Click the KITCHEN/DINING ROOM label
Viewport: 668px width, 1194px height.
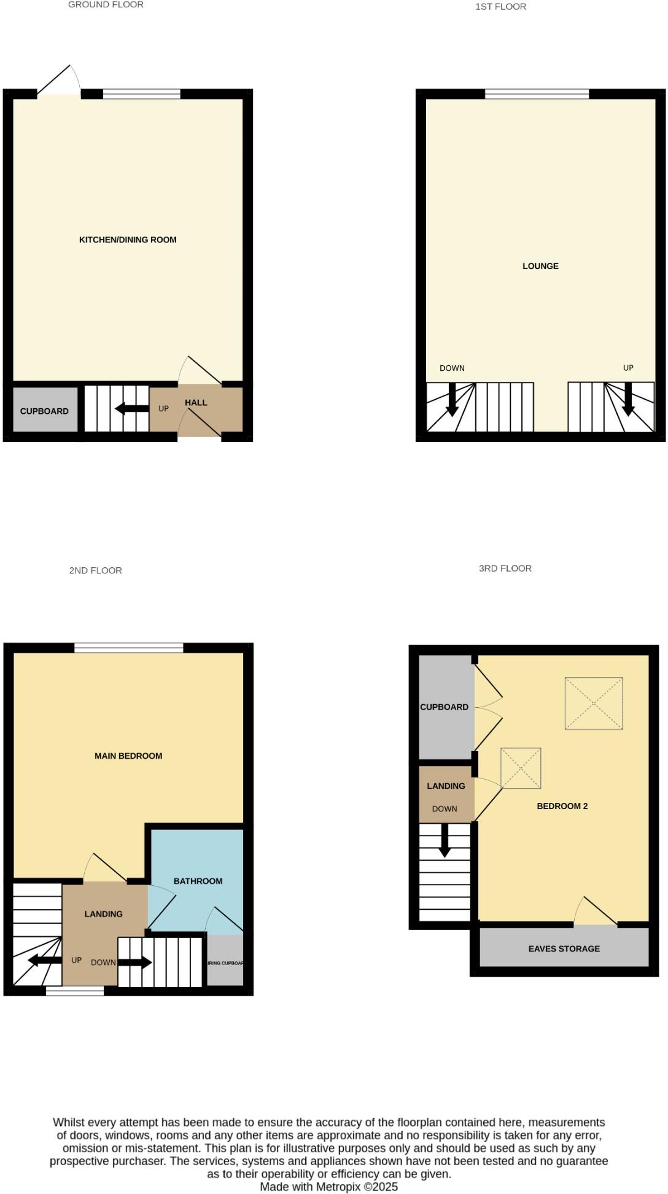[x=128, y=240]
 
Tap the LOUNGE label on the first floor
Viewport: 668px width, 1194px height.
[x=540, y=266]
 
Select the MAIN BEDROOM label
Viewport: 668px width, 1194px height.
[x=128, y=756]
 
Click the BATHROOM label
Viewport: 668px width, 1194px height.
[x=198, y=881]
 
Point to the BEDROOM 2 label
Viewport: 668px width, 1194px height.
[x=562, y=806]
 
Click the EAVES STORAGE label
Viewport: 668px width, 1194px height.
[x=564, y=948]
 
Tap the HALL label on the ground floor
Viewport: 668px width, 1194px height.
[x=196, y=403]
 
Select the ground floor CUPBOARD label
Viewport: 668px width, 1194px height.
[x=44, y=411]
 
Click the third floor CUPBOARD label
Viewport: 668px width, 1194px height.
[x=444, y=707]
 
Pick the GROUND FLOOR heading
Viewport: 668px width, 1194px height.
[x=106, y=5]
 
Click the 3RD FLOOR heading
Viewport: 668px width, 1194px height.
[x=505, y=568]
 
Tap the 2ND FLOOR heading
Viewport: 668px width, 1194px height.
[x=95, y=570]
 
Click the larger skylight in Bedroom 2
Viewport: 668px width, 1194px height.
[x=593, y=704]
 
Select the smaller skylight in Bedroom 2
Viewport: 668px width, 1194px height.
[x=521, y=768]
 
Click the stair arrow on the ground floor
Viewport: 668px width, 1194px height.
[x=131, y=408]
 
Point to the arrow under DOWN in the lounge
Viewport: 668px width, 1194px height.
[x=452, y=400]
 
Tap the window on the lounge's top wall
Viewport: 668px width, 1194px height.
[x=537, y=94]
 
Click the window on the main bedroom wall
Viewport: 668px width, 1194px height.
[x=129, y=648]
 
